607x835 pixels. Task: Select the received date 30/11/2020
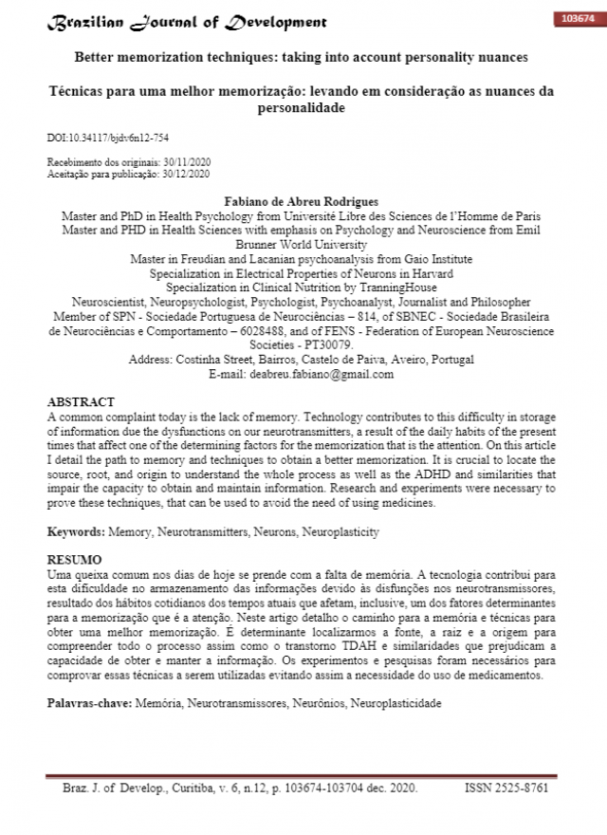[187, 163]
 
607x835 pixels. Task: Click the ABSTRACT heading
[81, 402]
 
